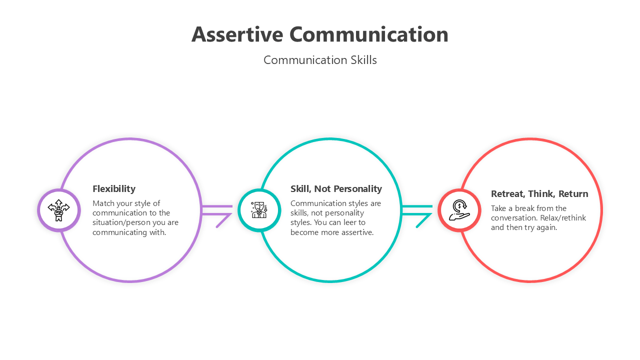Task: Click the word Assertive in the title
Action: tap(237, 34)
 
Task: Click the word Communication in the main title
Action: tap(368, 34)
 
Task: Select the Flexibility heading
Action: tap(114, 188)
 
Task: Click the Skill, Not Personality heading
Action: tap(336, 188)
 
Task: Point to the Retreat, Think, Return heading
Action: tap(539, 193)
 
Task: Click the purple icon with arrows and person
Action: tap(59, 210)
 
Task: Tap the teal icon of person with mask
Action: tap(259, 210)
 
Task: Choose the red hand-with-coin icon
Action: tap(459, 210)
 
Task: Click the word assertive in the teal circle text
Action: tap(356, 232)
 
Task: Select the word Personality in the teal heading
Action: tap(357, 188)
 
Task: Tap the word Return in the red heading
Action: tap(573, 193)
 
